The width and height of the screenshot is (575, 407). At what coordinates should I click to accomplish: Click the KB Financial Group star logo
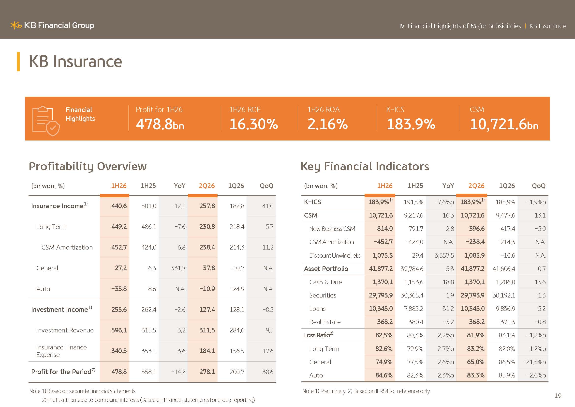(16, 25)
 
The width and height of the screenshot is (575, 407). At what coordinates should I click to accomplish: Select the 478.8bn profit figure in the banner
(160, 124)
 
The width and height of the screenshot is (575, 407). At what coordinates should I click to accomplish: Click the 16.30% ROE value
(253, 124)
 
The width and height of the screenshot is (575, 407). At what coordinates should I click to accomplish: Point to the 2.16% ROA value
(327, 124)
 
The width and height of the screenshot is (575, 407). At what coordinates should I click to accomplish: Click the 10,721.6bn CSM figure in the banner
(504, 124)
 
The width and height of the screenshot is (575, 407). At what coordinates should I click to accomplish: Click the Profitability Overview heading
(88, 166)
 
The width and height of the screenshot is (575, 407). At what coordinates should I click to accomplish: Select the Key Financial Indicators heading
(365, 166)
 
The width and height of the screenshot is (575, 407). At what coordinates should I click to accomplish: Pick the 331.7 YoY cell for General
(178, 268)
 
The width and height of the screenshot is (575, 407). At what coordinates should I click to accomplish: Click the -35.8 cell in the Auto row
(119, 289)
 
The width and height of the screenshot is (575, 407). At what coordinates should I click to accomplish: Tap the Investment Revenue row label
(65, 330)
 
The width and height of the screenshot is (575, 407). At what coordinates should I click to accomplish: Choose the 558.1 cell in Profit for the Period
(148, 372)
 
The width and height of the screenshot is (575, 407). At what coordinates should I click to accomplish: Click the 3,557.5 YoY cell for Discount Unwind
(444, 256)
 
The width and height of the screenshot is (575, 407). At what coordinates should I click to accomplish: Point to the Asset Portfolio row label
(326, 269)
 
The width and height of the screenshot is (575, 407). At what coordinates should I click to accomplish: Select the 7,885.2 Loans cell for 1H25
(414, 309)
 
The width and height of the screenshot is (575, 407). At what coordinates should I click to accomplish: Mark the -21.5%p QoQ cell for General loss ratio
(534, 362)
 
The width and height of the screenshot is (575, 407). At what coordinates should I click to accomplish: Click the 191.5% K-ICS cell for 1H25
(413, 202)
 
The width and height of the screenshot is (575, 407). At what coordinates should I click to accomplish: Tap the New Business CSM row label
(332, 229)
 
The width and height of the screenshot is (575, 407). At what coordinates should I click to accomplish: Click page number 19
(558, 396)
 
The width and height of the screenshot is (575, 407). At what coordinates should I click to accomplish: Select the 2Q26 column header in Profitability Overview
(206, 186)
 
